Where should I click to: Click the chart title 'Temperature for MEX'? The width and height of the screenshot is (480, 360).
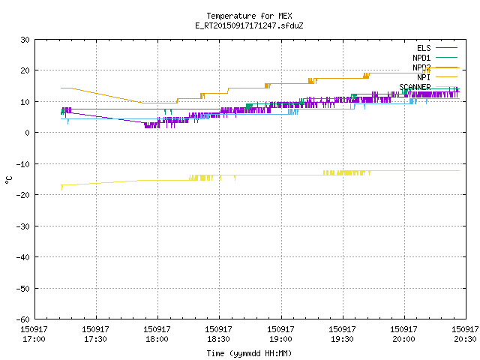(249, 16)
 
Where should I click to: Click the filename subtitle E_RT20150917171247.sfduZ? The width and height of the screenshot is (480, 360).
(249, 25)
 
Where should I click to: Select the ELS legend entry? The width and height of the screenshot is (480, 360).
(436, 48)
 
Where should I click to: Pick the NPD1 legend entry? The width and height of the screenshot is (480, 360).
(435, 58)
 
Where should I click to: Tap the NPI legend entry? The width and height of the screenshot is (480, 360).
(436, 77)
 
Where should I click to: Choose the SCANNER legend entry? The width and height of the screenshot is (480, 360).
(428, 87)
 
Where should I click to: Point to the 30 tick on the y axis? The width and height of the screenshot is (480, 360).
(25, 40)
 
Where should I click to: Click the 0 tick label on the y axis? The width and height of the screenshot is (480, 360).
(28, 133)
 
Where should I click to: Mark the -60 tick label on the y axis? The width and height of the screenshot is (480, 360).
(23, 319)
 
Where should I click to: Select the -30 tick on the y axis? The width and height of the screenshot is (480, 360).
(23, 226)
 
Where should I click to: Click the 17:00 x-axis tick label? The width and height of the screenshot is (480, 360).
(34, 334)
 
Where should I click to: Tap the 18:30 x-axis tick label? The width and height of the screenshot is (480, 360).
(218, 334)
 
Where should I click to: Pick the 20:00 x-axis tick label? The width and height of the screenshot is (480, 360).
(403, 334)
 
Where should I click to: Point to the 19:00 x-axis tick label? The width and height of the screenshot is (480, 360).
(280, 334)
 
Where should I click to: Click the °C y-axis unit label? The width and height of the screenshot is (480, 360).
(8, 180)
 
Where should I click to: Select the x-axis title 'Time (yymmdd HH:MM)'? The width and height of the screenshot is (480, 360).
(249, 353)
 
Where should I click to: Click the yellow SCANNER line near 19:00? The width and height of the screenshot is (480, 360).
(281, 175)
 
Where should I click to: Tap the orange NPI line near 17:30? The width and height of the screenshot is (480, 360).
(97, 93)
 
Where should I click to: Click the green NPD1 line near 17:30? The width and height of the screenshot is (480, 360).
(97, 109)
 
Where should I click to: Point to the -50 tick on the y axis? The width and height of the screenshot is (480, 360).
(23, 288)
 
